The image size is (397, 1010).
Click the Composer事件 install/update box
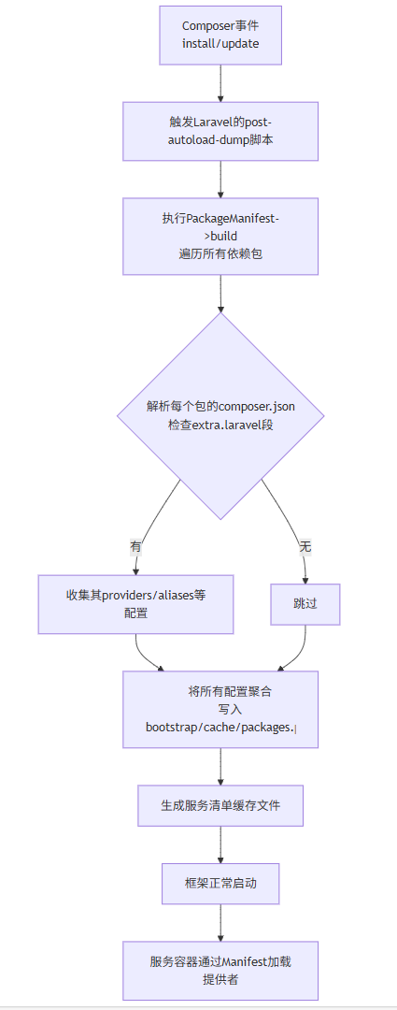pos(220,36)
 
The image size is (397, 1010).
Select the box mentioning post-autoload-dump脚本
pos(220,131)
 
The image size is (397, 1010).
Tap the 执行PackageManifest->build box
pos(220,237)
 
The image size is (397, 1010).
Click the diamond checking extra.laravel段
pos(220,416)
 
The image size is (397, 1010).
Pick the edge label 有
pos(135,547)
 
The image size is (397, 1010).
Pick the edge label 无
pos(305,547)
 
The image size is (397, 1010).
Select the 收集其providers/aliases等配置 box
pos(135,604)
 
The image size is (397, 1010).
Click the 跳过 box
pos(305,604)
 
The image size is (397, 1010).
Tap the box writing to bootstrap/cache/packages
pos(220,709)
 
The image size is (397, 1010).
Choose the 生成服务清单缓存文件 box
pos(220,805)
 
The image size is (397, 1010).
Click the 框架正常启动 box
pos(220,883)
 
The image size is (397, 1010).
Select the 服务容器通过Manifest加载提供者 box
pos(220,971)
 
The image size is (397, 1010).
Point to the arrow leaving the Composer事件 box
pos(220,84)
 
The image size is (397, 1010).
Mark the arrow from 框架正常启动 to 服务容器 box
pos(220,922)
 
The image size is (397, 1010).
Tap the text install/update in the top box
pos(220,44)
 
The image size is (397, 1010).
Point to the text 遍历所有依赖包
pos(220,253)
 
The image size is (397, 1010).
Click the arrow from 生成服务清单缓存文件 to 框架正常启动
pos(220,844)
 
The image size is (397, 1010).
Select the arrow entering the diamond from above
pos(220,294)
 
